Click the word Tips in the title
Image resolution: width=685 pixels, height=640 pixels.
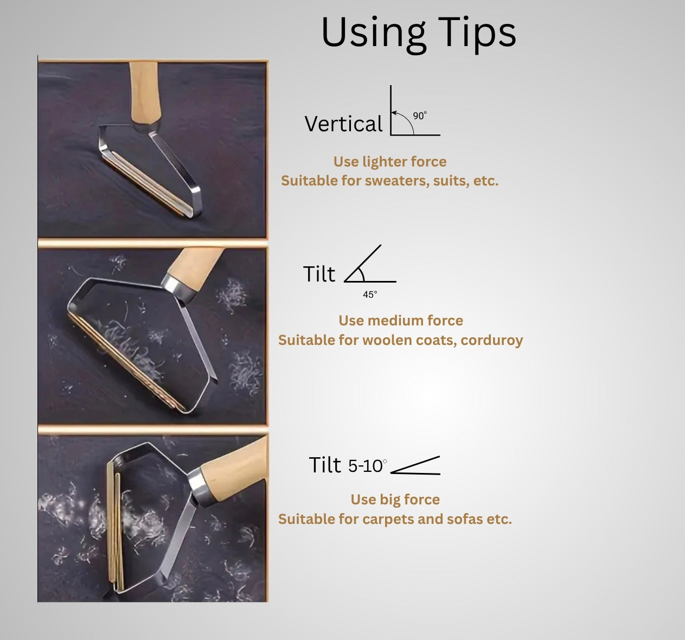pyautogui.click(x=477, y=33)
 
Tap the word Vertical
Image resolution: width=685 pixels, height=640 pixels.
pyautogui.click(x=343, y=124)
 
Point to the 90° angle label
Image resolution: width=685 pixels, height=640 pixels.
pyautogui.click(x=420, y=116)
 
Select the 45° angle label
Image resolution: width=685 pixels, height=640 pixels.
pyautogui.click(x=370, y=295)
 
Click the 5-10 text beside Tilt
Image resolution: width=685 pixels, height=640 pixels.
pyautogui.click(x=367, y=466)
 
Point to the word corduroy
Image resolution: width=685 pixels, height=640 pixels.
pyautogui.click(x=491, y=341)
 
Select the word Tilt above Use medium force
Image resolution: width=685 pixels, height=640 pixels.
pyautogui.click(x=319, y=274)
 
